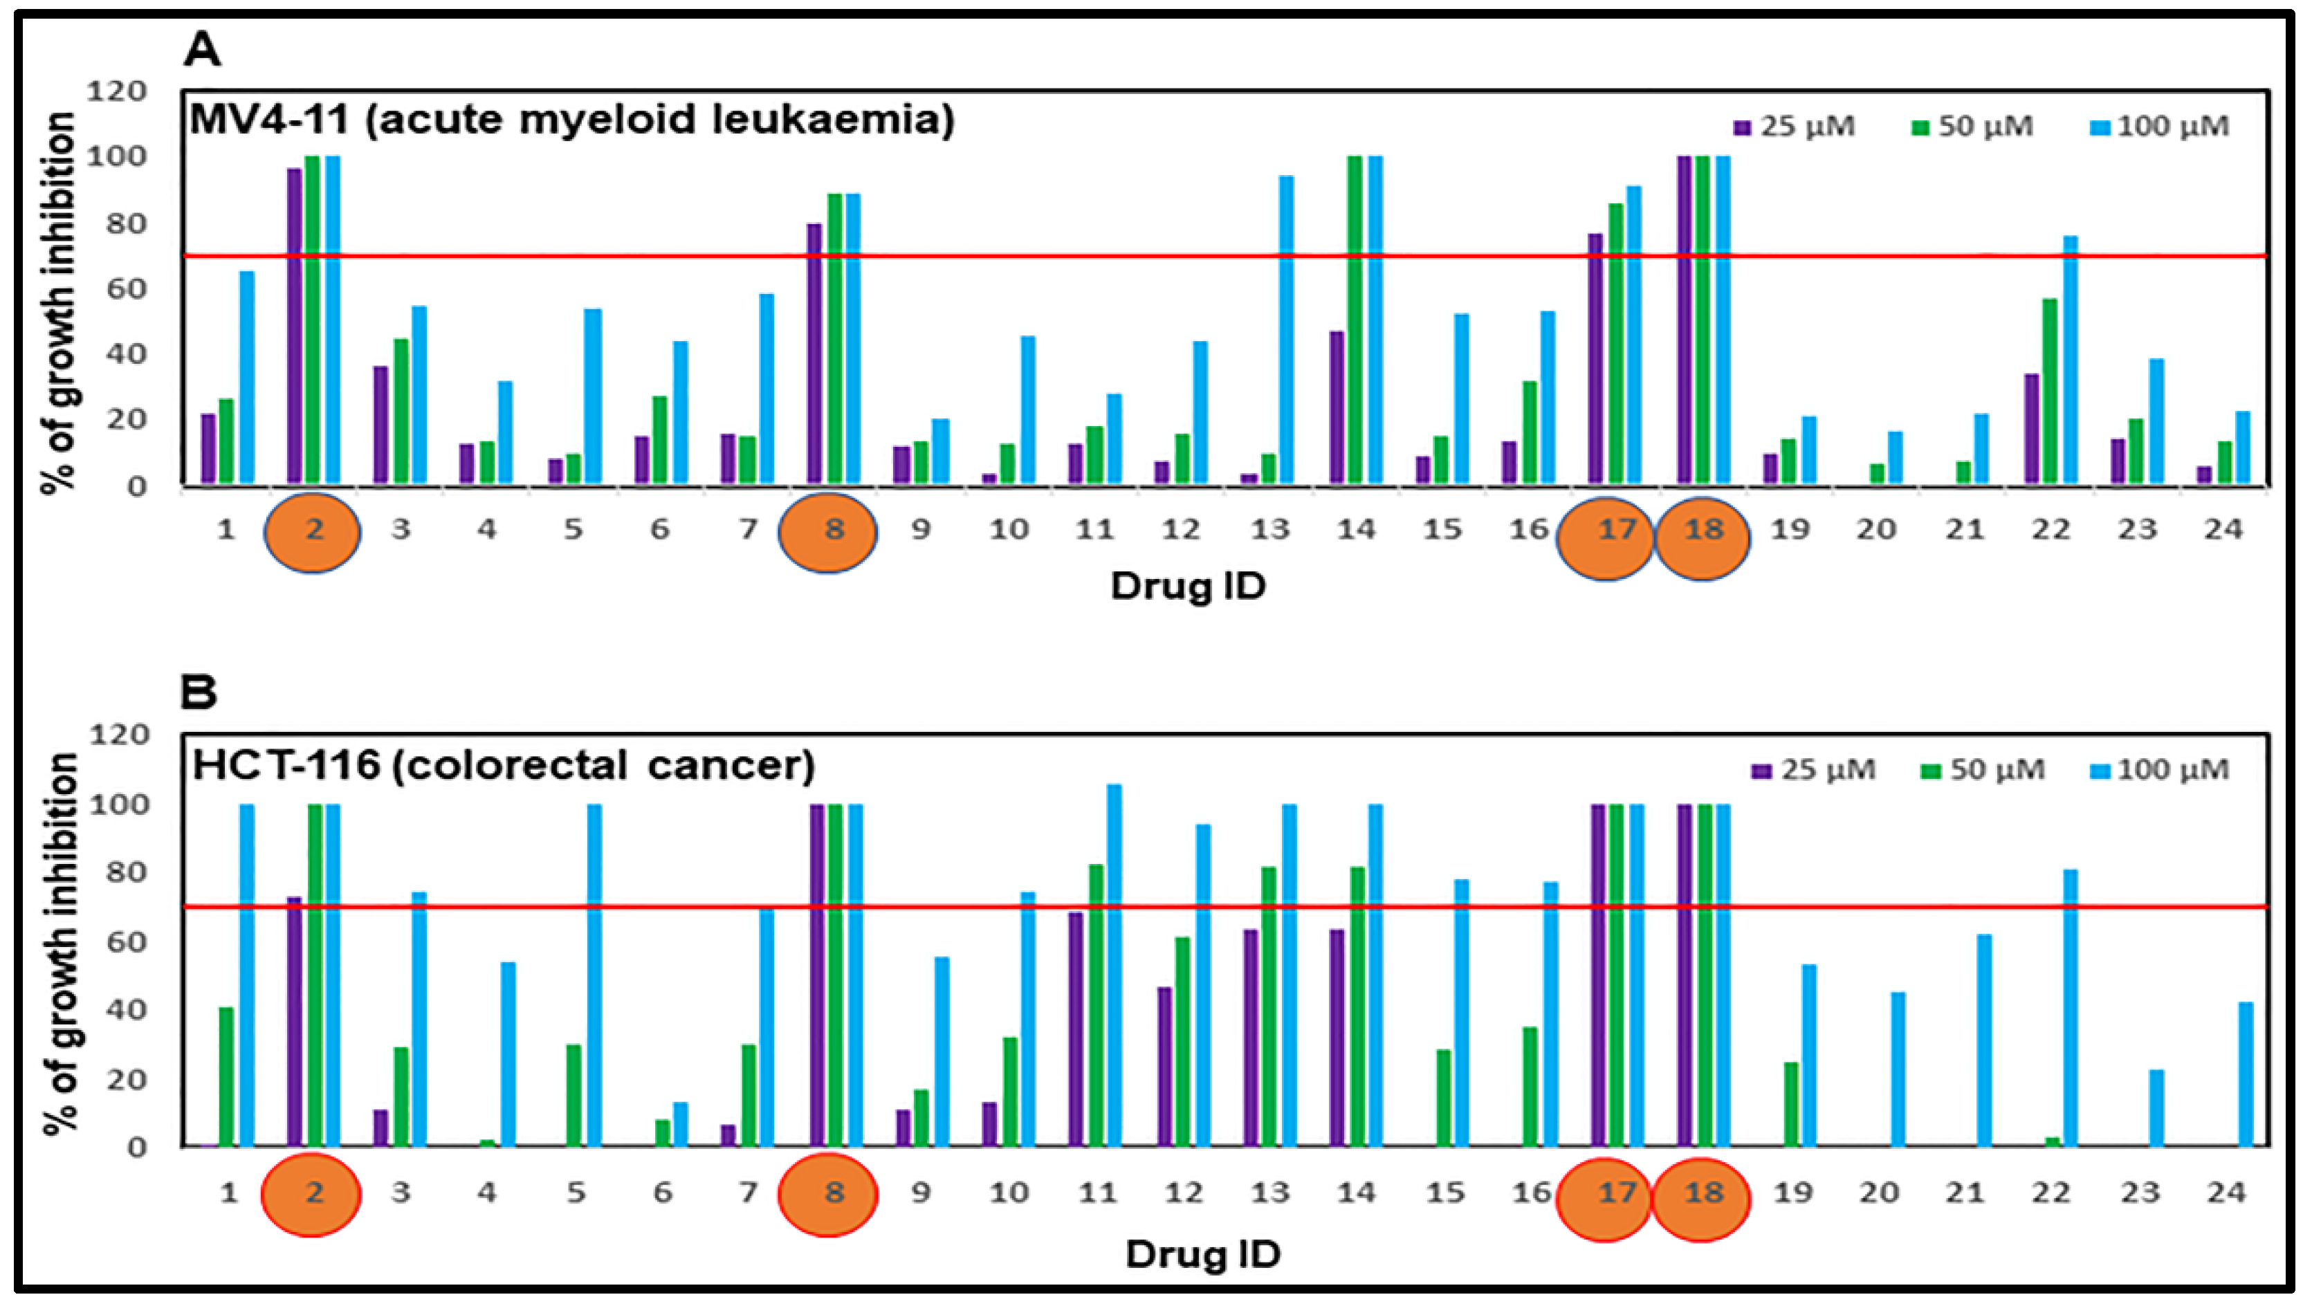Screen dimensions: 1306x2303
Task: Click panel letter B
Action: coord(199,692)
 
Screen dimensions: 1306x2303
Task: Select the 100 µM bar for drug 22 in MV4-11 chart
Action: coord(2070,359)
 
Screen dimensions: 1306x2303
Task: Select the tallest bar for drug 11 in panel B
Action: coord(1114,965)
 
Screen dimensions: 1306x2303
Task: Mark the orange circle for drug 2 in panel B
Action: coord(311,1195)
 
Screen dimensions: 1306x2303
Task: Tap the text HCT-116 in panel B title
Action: coord(285,765)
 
